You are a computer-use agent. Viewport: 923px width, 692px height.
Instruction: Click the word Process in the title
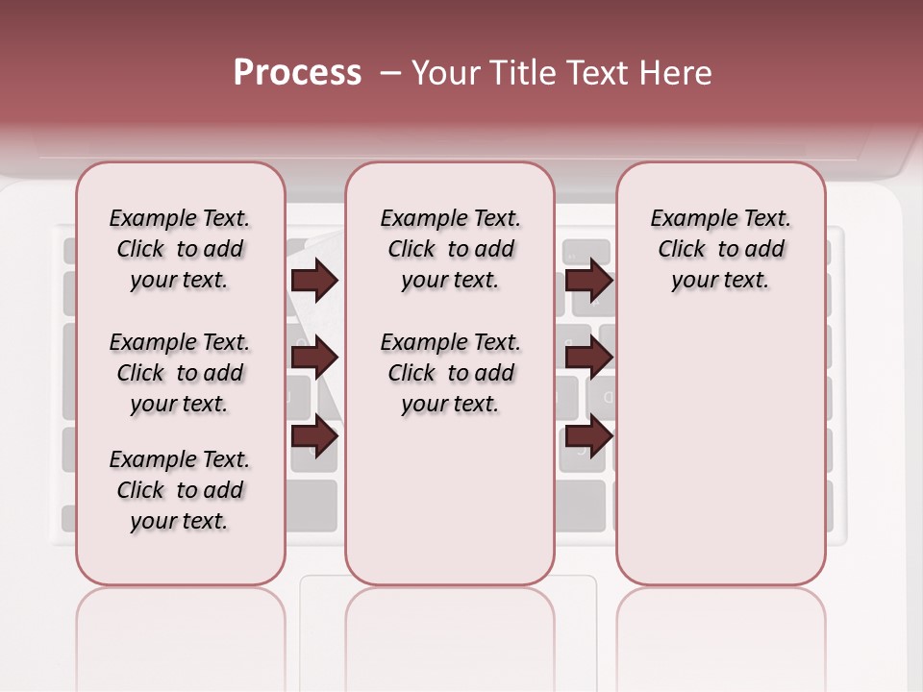tap(297, 73)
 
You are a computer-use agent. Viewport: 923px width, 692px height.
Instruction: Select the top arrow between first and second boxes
tap(314, 281)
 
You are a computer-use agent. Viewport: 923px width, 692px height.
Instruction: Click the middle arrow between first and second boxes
tap(314, 358)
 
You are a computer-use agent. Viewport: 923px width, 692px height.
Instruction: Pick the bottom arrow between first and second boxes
tap(314, 436)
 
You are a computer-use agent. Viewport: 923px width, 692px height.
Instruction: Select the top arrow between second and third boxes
tap(588, 281)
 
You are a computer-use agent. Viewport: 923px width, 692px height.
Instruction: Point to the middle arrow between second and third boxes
tap(588, 358)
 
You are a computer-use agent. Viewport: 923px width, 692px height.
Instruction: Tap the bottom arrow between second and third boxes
tap(588, 436)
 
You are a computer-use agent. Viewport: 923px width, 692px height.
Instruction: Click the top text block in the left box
tap(179, 250)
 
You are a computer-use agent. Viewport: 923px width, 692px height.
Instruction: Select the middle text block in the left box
tap(179, 373)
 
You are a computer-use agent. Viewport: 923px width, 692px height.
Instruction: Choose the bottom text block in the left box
tap(179, 490)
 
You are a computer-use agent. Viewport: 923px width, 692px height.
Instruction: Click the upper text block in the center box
tap(450, 250)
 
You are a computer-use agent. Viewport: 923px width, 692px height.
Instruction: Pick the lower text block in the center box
tap(450, 373)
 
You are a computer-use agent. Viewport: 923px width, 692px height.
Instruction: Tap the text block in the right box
tap(720, 250)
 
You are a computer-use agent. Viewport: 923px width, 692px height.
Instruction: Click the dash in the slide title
tap(390, 74)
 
